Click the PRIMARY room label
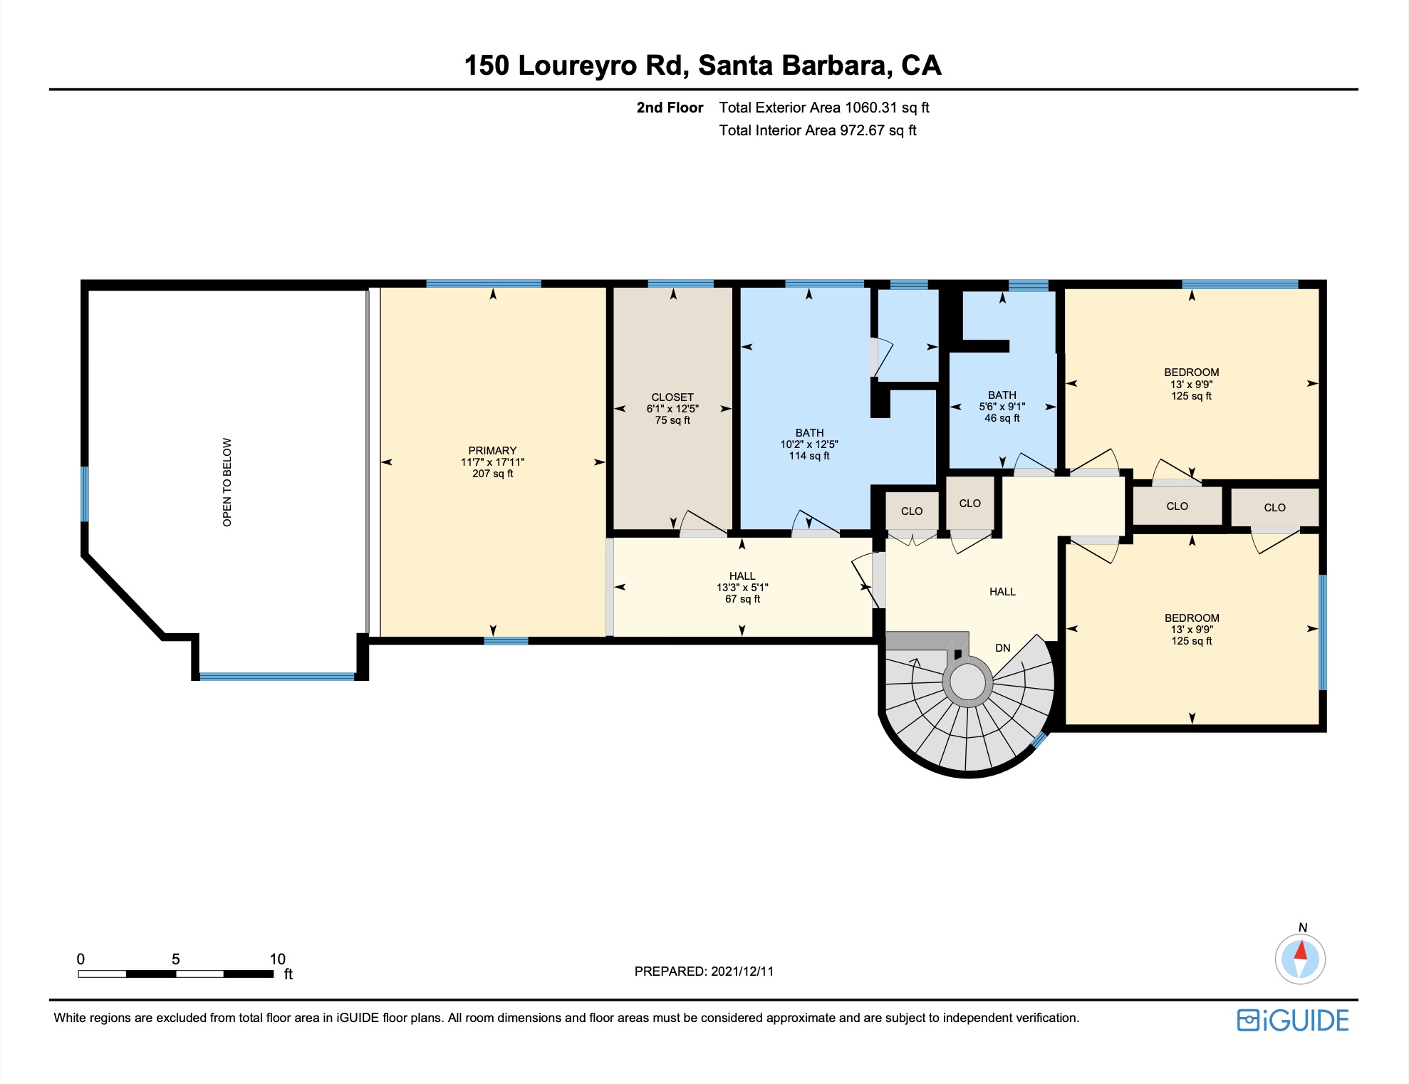click(492, 450)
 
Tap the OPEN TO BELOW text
click(227, 482)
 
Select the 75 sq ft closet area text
click(672, 420)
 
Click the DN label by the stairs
click(1003, 648)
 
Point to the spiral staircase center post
click(967, 682)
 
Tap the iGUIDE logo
click(1293, 1021)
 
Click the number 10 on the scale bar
click(277, 959)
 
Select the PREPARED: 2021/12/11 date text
click(704, 971)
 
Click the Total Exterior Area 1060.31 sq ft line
click(824, 108)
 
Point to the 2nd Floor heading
click(670, 108)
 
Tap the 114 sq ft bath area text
click(809, 456)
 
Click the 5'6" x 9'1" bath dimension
click(1002, 407)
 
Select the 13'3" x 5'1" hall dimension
click(742, 588)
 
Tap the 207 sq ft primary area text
click(492, 474)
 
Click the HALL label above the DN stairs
click(1002, 592)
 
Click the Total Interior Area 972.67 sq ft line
click(818, 130)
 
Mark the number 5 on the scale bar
click(176, 959)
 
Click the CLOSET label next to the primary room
click(672, 397)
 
